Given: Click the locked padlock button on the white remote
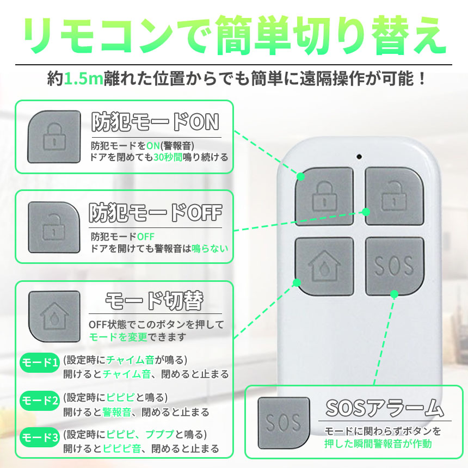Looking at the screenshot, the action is pyautogui.click(x=324, y=196).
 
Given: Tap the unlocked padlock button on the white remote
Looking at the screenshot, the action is pyautogui.click(x=395, y=196).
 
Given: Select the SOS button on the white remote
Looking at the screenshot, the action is pyautogui.click(x=395, y=266).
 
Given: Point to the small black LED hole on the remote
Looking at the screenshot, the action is pyautogui.click(x=359, y=156).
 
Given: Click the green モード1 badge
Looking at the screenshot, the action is pyautogui.click(x=39, y=362).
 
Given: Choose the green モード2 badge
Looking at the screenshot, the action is pyautogui.click(x=39, y=400).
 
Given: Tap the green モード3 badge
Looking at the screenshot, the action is pyautogui.click(x=39, y=438).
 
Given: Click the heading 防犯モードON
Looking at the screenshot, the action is pyautogui.click(x=155, y=122).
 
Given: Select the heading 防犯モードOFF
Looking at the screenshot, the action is pyautogui.click(x=156, y=213).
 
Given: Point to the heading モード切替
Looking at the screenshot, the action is pyautogui.click(x=155, y=301).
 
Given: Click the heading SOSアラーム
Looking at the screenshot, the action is pyautogui.click(x=385, y=408).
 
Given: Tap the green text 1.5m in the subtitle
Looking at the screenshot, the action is pyautogui.click(x=84, y=79).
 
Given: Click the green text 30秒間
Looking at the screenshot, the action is pyautogui.click(x=168, y=157).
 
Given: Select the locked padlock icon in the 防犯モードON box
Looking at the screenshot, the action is pyautogui.click(x=54, y=137).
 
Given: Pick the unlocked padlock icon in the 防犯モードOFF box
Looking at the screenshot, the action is pyautogui.click(x=54, y=227).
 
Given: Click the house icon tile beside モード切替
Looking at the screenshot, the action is pyautogui.click(x=54, y=316).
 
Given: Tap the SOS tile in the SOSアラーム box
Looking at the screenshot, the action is pyautogui.click(x=284, y=423).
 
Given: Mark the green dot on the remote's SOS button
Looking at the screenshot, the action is pyautogui.click(x=395, y=294).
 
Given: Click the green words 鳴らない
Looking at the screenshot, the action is pyautogui.click(x=210, y=248).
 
